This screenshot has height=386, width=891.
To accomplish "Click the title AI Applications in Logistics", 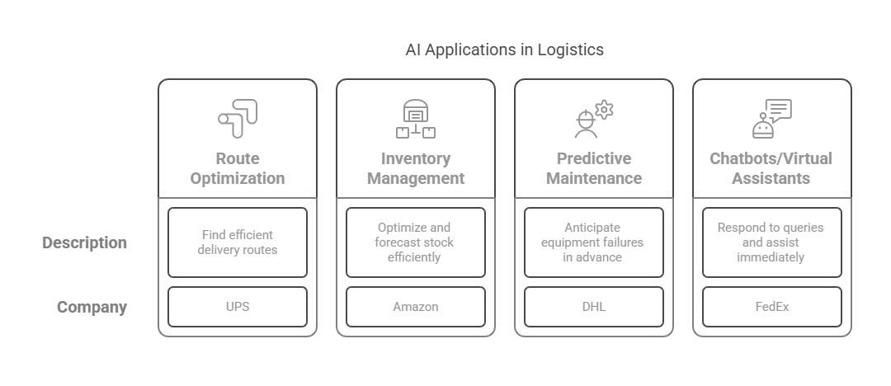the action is tap(505, 50).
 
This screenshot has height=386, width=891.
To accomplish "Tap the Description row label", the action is tap(85, 242).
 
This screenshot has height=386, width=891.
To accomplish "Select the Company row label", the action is tap(92, 307).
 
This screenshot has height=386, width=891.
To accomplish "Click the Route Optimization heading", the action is tap(238, 168).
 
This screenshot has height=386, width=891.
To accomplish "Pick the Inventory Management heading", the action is tap(415, 168).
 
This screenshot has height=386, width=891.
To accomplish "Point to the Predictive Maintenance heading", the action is tap(594, 168).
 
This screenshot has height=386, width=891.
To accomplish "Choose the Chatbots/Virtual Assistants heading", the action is tap(771, 168).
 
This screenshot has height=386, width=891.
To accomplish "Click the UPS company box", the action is tap(238, 307).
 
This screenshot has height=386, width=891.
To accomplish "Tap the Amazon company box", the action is tap(415, 307).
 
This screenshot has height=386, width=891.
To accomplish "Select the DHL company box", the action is tap(594, 307).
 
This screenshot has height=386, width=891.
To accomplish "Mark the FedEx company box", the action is tap(772, 307).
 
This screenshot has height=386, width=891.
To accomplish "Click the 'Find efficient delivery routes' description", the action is tap(238, 242).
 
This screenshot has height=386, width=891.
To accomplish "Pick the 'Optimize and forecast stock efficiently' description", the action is tap(415, 242).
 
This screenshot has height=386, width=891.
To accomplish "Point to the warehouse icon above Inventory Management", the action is tap(415, 119).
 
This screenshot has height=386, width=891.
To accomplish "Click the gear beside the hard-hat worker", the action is tap(604, 109).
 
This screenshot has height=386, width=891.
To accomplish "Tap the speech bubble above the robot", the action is tap(779, 110).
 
